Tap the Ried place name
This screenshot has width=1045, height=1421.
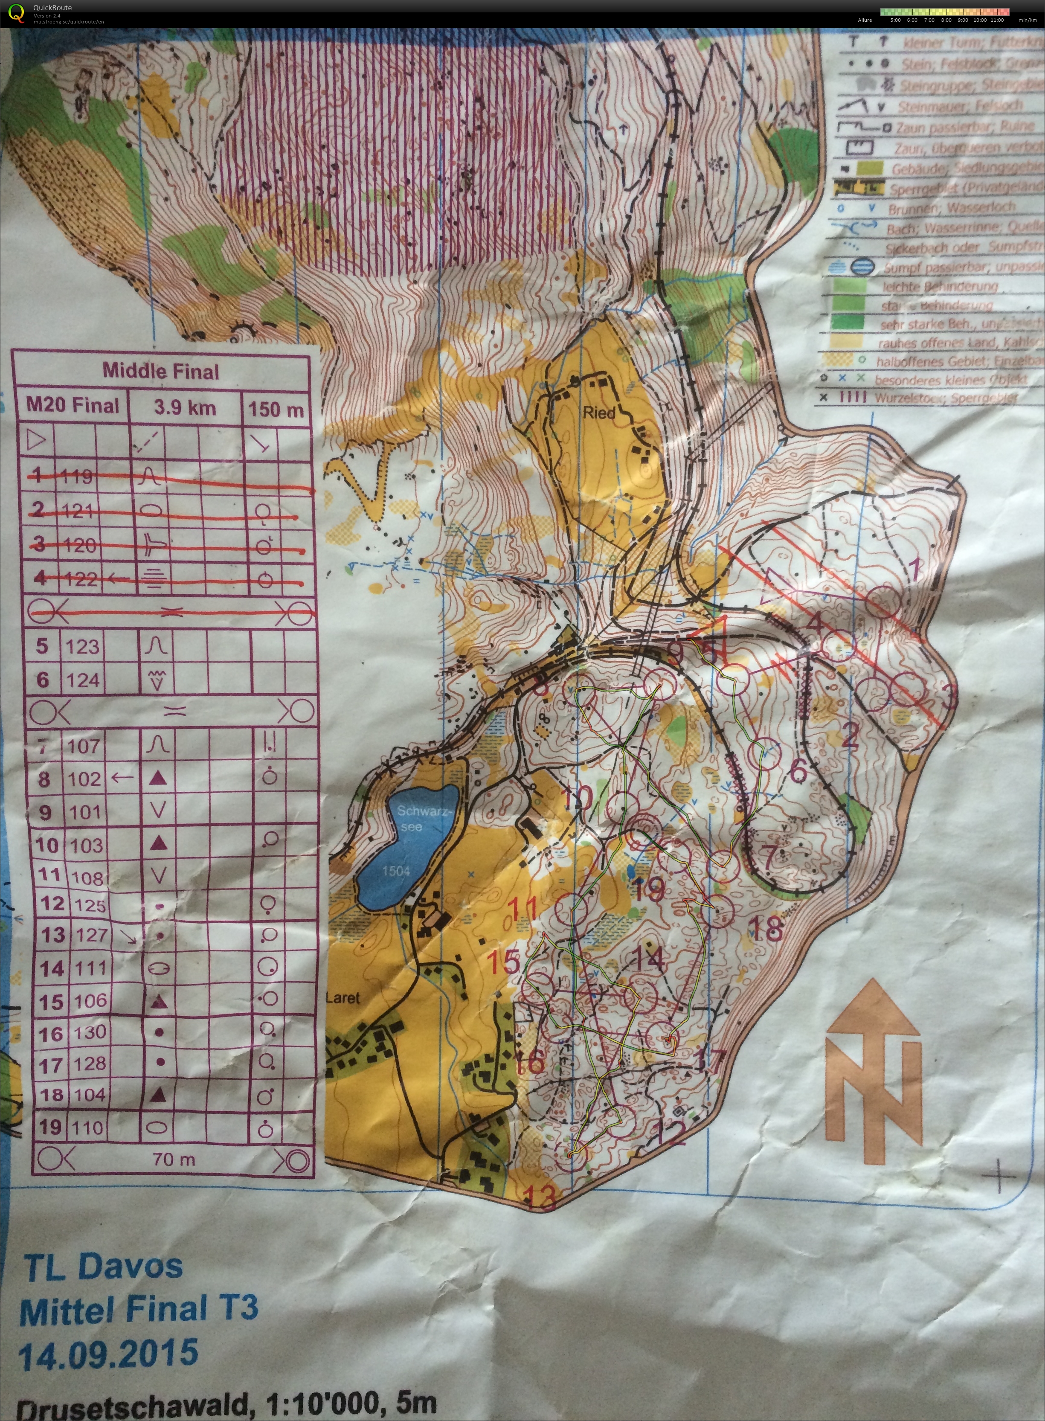598,413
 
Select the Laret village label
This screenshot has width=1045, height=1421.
342,998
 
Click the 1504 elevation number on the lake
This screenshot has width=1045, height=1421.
395,871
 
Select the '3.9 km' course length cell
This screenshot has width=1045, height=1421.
185,407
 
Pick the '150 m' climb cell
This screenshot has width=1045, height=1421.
276,410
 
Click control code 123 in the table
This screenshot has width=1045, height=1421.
82,646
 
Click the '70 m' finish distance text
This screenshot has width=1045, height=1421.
174,1159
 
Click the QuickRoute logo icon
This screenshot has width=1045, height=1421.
15,13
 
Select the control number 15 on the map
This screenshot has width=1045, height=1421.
504,962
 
